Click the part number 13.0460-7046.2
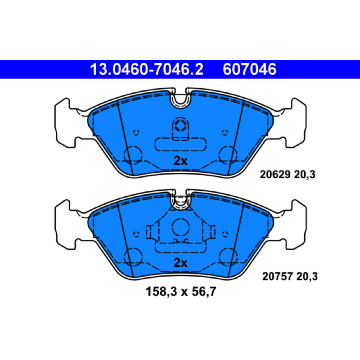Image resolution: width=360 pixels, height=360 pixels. pos(147,69)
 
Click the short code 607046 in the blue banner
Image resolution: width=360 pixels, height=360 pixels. pos(249,69)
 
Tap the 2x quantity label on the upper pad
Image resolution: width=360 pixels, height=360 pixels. pos(180,161)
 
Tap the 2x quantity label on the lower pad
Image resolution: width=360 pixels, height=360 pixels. pos(180,263)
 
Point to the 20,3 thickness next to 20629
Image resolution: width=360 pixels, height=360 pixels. pos(305,175)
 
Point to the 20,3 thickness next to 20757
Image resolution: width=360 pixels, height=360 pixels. pos(307,276)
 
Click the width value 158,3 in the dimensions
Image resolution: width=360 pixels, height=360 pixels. pos(161,292)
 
